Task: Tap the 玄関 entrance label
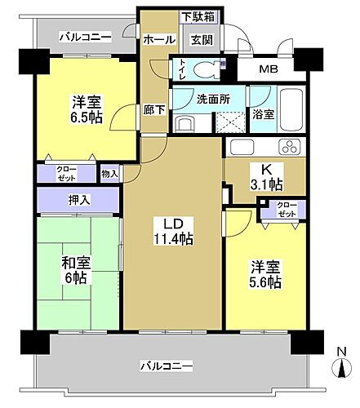[201, 38]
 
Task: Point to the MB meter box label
[268, 69]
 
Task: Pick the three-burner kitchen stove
[288, 147]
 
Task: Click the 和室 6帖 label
[76, 269]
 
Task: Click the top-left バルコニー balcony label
[85, 37]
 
